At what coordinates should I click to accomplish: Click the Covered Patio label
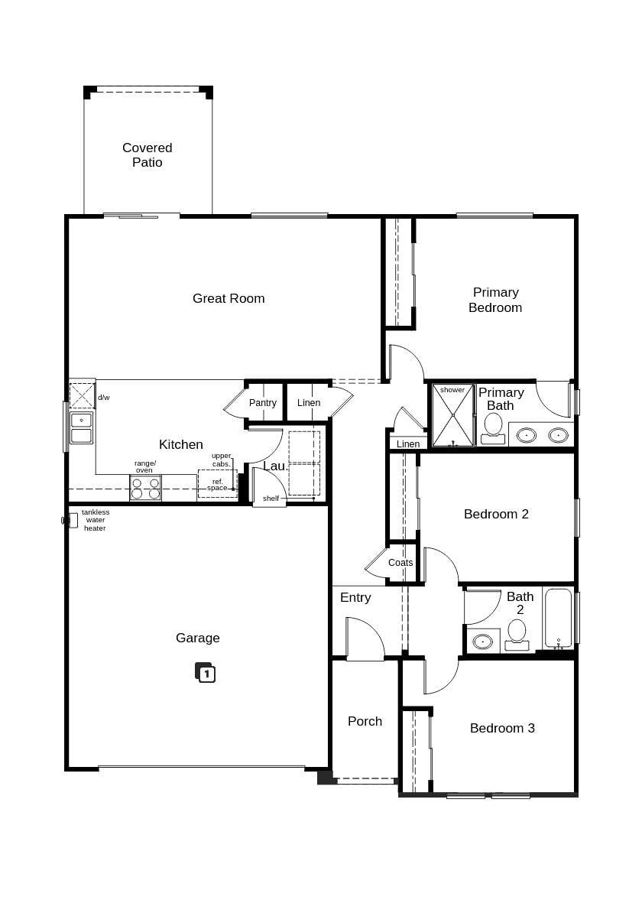(x=147, y=154)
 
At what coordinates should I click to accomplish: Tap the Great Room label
(x=229, y=298)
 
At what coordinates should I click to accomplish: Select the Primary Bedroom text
(x=495, y=300)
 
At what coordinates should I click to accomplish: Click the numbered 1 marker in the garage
(x=206, y=673)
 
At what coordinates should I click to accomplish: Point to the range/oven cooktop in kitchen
(x=145, y=488)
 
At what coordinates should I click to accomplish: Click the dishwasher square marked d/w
(x=82, y=396)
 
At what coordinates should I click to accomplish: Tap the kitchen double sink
(x=81, y=427)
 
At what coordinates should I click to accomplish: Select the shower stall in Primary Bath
(x=452, y=416)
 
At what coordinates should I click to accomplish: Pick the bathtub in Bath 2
(x=558, y=618)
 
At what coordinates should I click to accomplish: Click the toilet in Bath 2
(x=517, y=635)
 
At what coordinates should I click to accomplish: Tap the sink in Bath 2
(x=482, y=642)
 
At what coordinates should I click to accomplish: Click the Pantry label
(x=263, y=403)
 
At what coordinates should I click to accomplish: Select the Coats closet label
(x=400, y=563)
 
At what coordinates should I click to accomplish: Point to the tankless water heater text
(x=96, y=520)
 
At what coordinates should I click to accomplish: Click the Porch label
(x=365, y=721)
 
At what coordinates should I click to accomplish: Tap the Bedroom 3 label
(x=502, y=728)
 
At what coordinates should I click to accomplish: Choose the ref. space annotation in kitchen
(x=217, y=484)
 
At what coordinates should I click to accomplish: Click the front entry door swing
(x=365, y=638)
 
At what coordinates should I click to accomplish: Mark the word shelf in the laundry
(x=271, y=499)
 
